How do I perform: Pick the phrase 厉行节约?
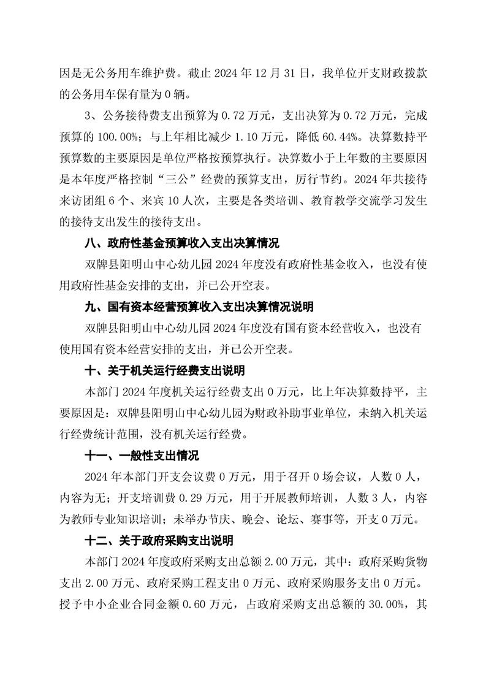point(332,185)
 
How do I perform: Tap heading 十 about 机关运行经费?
point(167,370)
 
